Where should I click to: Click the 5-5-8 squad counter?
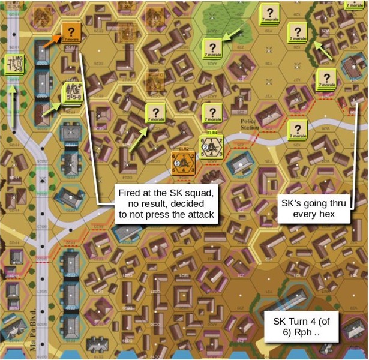71,94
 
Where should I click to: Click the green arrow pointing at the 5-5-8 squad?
53,107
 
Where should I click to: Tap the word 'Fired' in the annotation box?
131,192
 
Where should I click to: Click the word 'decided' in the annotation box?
188,203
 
